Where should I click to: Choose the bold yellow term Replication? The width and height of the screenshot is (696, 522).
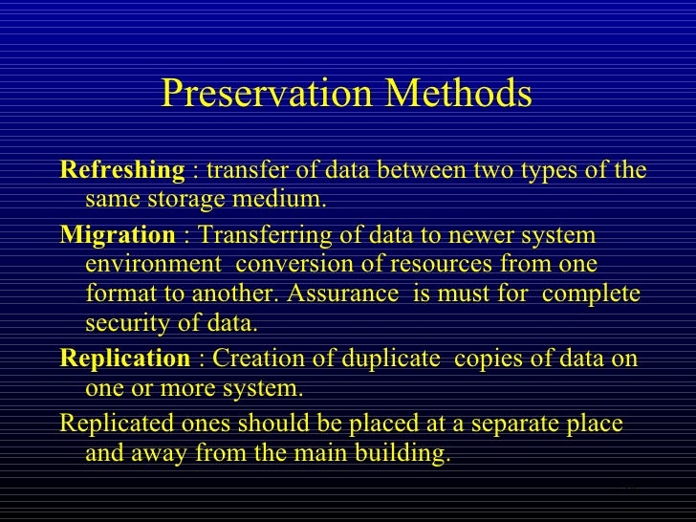point(125,359)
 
